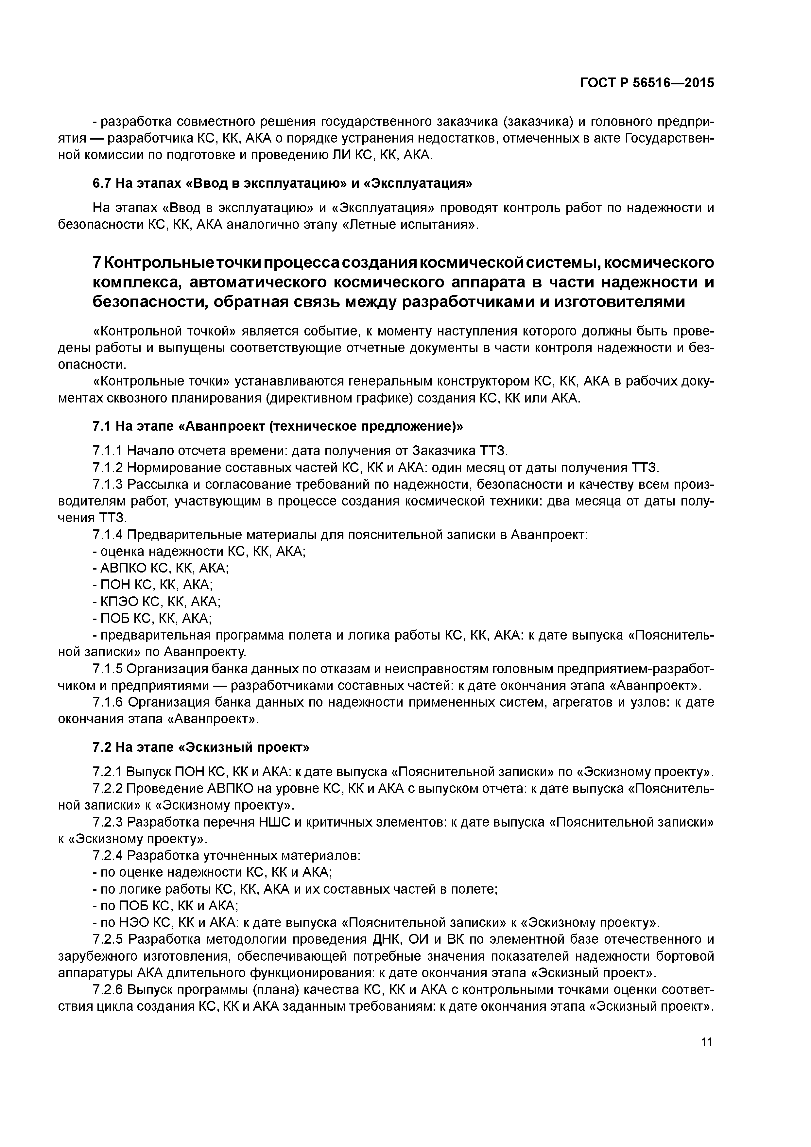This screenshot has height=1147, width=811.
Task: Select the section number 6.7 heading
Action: tap(103, 183)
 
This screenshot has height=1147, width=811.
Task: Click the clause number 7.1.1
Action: tap(108, 451)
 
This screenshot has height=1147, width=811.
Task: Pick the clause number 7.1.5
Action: tap(108, 669)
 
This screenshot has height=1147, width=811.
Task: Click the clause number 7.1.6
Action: tap(108, 702)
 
